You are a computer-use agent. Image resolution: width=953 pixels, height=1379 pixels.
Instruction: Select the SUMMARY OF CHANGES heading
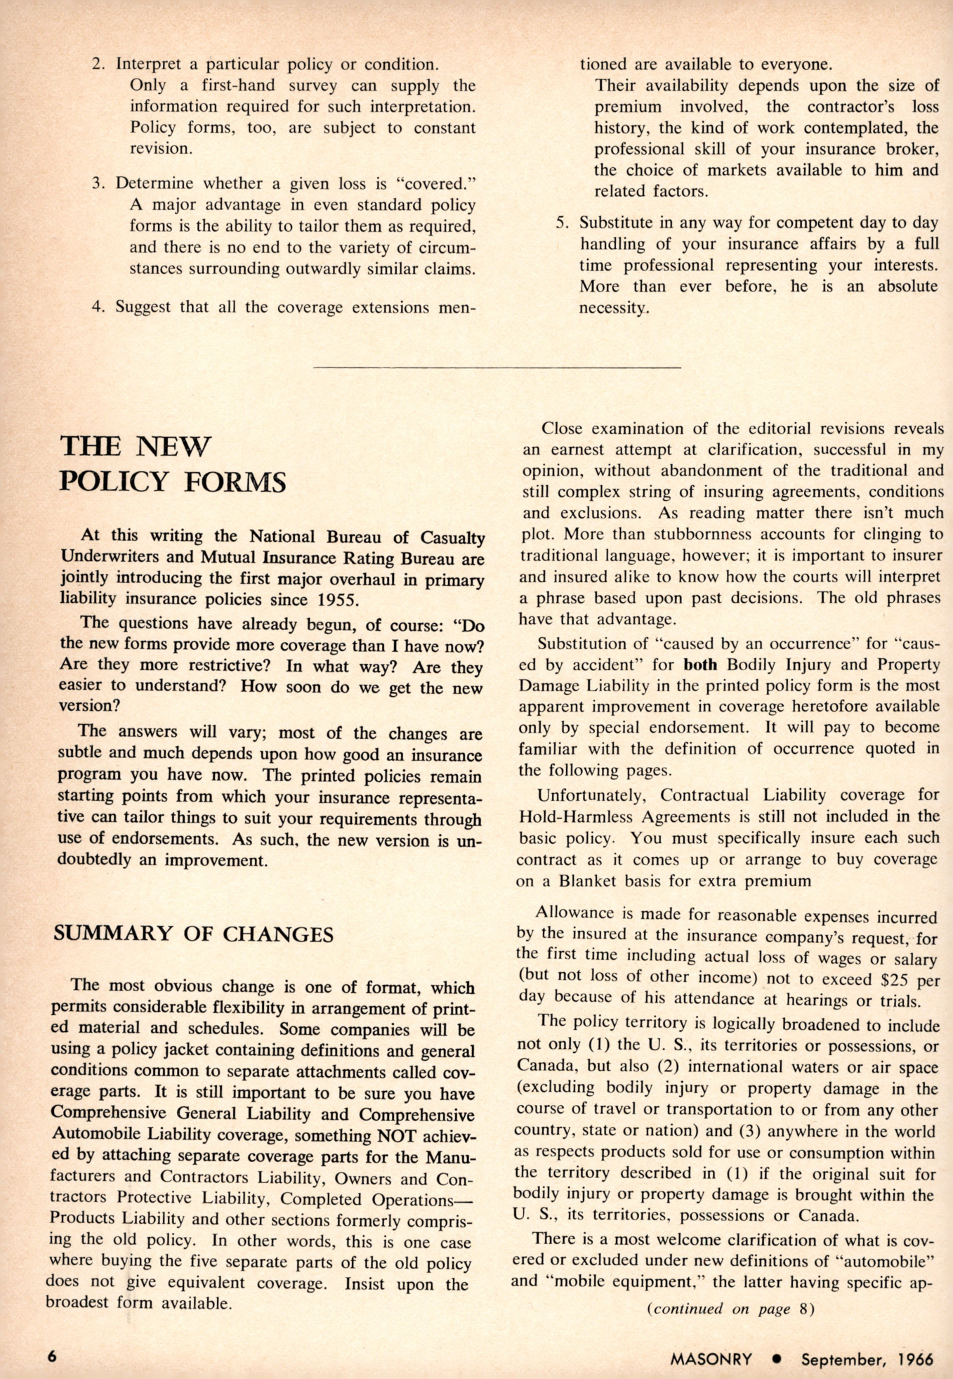pos(194,934)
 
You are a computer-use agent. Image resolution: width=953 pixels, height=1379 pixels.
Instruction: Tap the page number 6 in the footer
pos(52,1356)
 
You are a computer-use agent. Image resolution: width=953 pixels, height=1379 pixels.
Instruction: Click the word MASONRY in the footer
pos(711,1359)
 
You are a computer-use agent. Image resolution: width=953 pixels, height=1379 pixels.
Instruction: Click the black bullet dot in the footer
pos(776,1359)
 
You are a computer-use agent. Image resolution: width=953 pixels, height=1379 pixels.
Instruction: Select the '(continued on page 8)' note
pos(730,1309)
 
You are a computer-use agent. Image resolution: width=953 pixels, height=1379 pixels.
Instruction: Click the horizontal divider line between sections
pos(497,367)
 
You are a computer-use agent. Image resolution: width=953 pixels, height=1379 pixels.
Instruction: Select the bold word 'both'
pos(700,665)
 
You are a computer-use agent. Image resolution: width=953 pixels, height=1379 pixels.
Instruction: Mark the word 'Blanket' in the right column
pos(588,880)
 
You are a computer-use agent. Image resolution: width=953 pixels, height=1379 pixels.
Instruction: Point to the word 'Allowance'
pos(574,913)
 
